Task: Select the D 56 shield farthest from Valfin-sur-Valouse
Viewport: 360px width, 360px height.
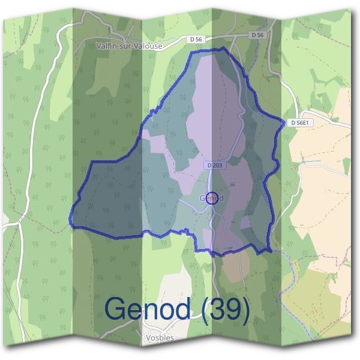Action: (x=258, y=35)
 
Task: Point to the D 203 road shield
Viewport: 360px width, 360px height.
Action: (x=212, y=165)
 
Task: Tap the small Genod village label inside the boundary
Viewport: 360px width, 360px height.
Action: (x=211, y=197)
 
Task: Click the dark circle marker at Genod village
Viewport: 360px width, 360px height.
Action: (x=211, y=199)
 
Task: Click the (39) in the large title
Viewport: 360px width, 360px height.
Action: (x=226, y=308)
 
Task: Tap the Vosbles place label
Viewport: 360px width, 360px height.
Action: (x=160, y=338)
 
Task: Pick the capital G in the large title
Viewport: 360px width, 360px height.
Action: (x=116, y=308)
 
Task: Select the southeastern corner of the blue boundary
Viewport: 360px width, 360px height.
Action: (x=268, y=250)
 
